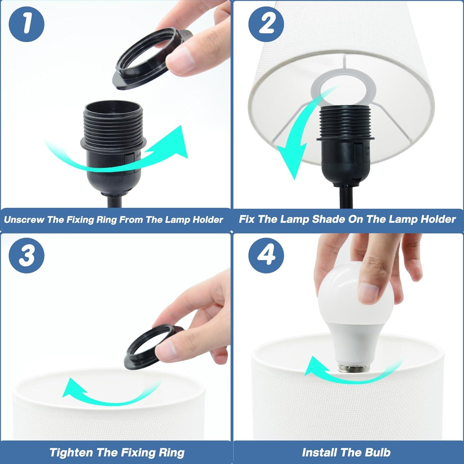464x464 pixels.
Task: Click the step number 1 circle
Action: (x=27, y=24)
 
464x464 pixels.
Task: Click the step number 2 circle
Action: (x=266, y=24)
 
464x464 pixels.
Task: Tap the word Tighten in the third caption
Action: (x=71, y=453)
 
